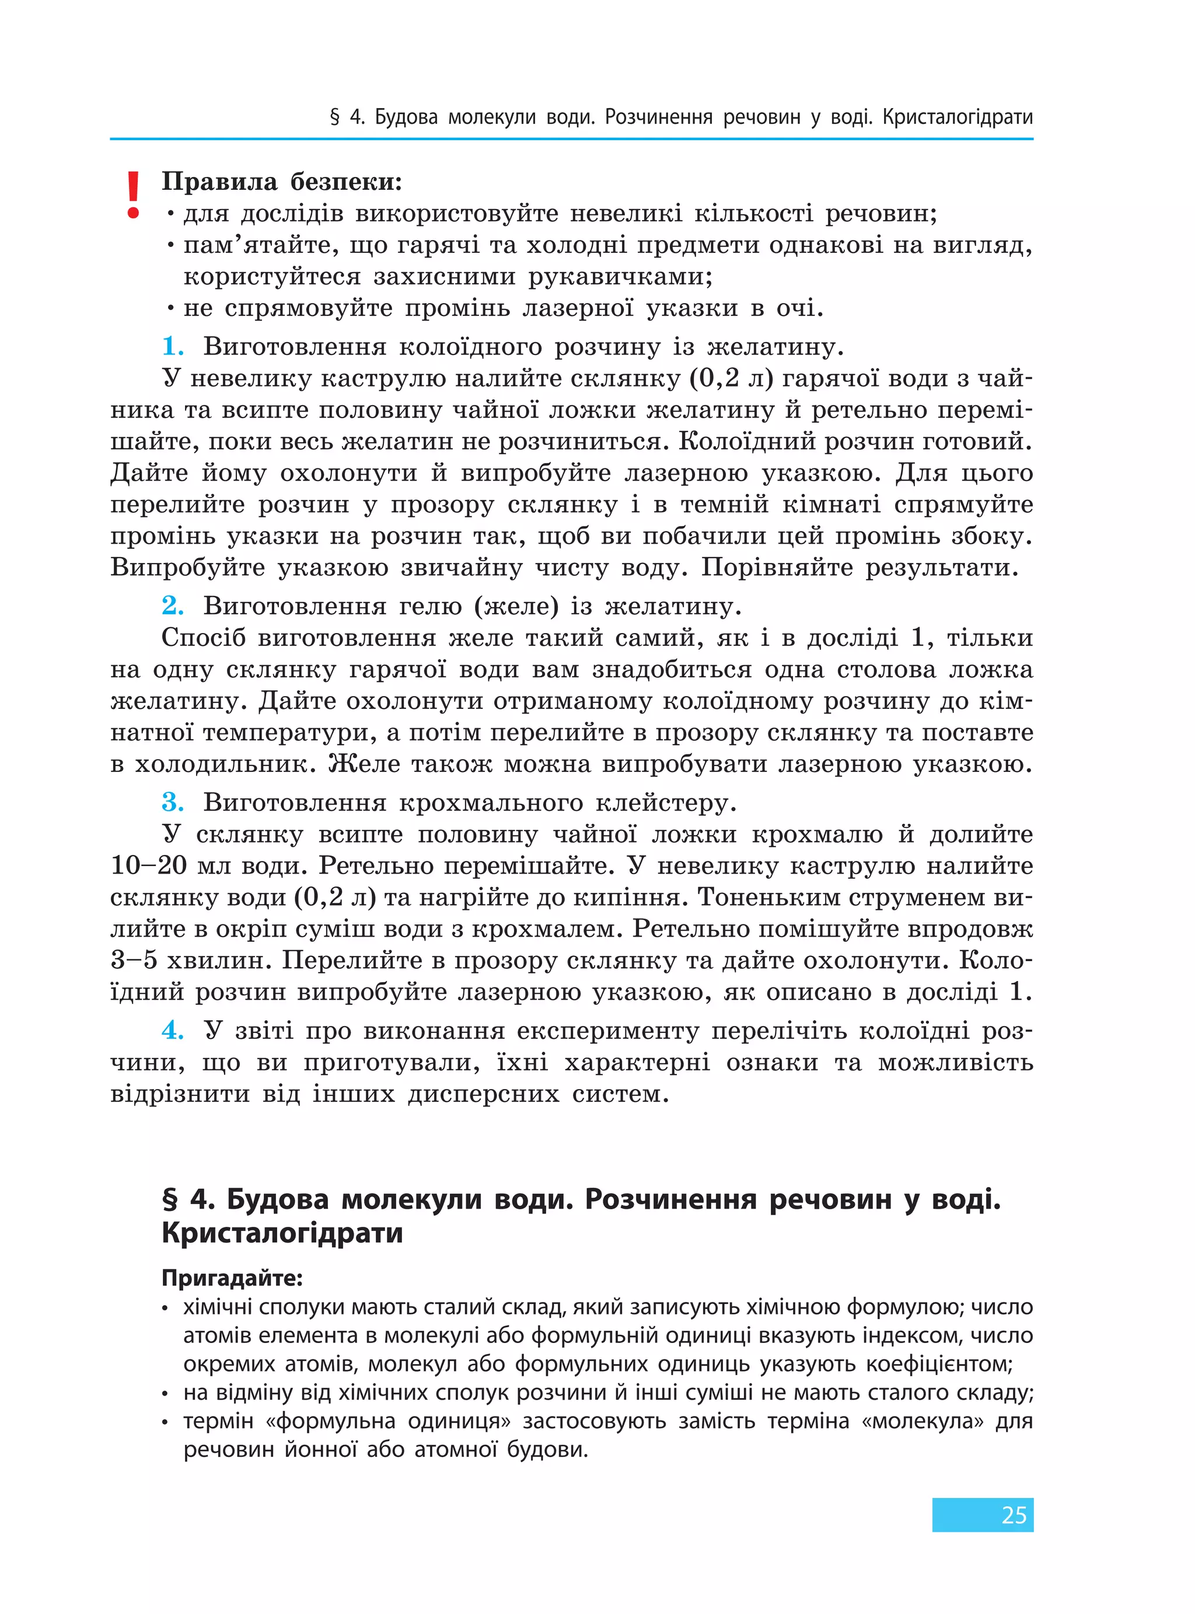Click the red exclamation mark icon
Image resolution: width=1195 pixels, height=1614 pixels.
click(x=132, y=194)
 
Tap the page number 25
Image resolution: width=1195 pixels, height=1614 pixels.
click(x=1014, y=1514)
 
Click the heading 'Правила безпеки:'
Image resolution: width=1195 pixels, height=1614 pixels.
click(x=281, y=181)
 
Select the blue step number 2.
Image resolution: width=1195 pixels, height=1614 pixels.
click(x=172, y=604)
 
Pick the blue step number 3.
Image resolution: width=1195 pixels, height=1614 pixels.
click(x=172, y=802)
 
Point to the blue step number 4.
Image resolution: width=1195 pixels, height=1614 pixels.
click(x=172, y=1029)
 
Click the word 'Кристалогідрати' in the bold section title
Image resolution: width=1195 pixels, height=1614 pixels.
click(x=281, y=1232)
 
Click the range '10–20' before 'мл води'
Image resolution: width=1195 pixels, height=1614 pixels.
click(x=148, y=865)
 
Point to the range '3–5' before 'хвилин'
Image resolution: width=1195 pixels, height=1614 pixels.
click(x=134, y=961)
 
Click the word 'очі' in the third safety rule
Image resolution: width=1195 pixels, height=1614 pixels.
click(x=799, y=308)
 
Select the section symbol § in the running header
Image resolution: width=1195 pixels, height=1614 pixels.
click(x=335, y=117)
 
